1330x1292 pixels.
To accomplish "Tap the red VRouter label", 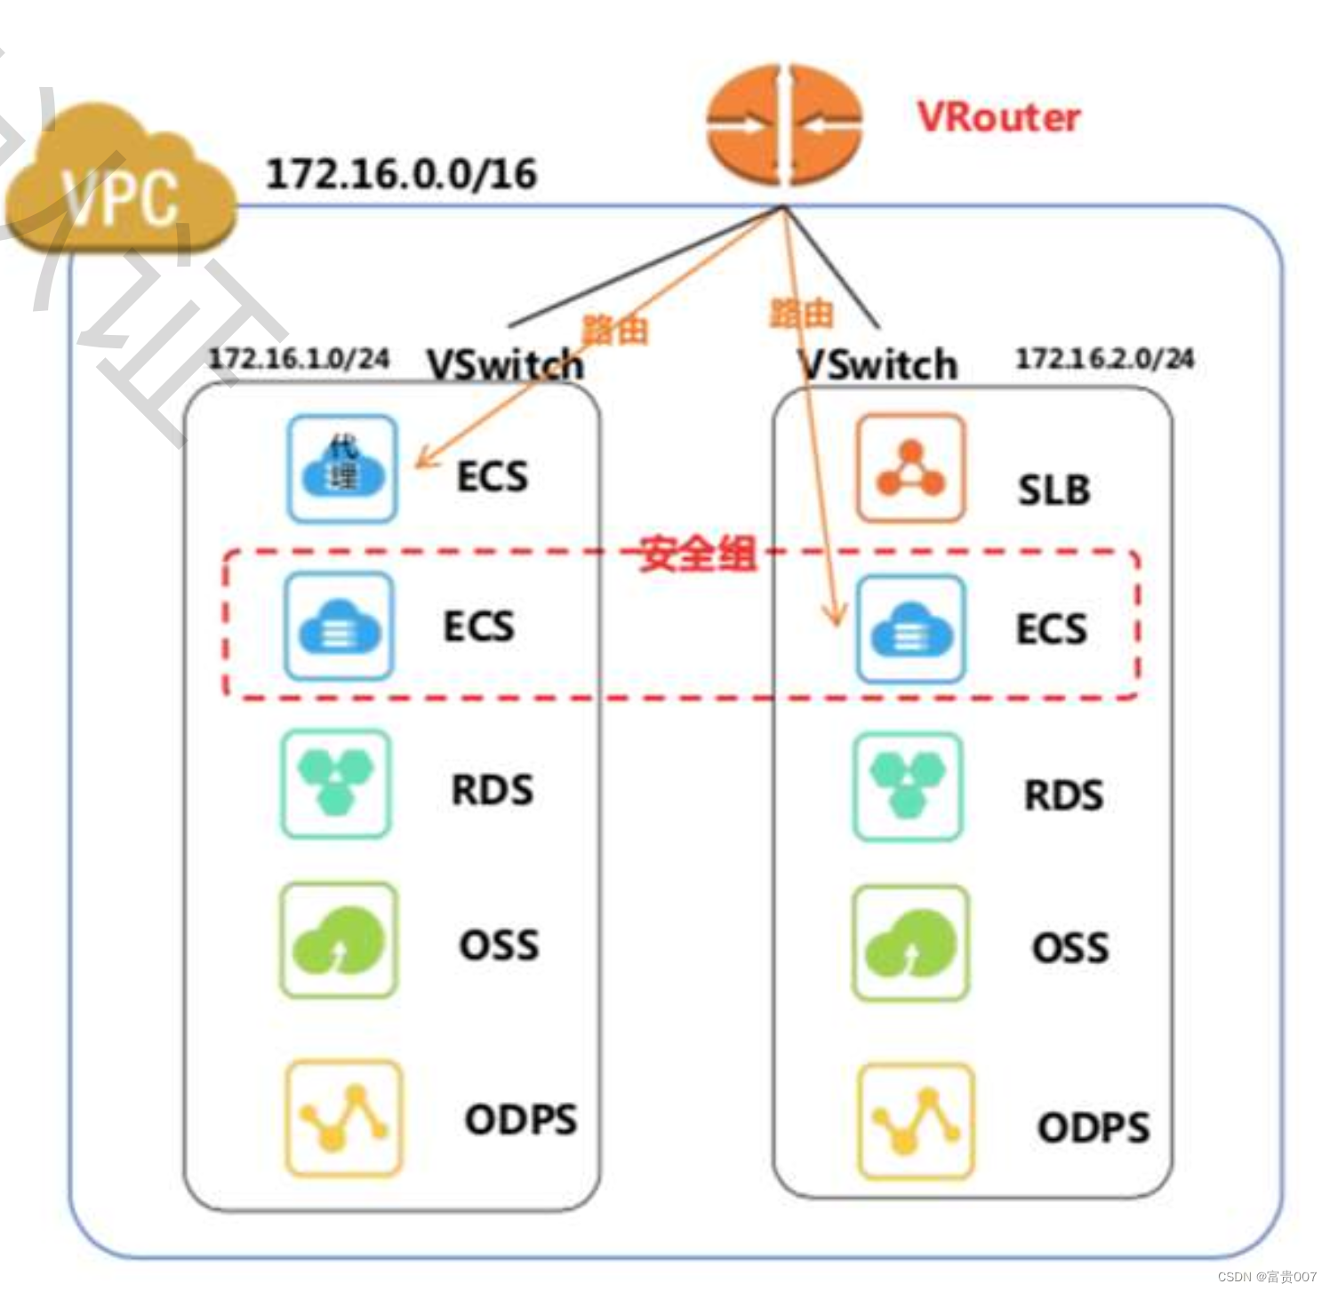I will point(998,117).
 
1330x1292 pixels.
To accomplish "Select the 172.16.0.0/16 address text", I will point(401,173).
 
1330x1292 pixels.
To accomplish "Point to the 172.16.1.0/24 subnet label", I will point(299,358).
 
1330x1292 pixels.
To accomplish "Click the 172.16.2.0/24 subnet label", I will point(1104,358).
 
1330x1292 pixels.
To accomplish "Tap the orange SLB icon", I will point(909,467).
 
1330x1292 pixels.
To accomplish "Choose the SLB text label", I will point(1054,490).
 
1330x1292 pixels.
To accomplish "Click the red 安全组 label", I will point(698,554).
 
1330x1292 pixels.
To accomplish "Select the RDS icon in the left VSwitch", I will point(335,784).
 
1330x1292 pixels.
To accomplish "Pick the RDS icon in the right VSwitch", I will point(908,786).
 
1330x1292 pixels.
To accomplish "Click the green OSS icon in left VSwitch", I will point(338,940).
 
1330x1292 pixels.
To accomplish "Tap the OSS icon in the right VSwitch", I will point(910,943).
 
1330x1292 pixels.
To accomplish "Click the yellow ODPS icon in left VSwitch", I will point(343,1118).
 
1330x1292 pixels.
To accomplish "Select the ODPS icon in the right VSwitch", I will point(916,1121).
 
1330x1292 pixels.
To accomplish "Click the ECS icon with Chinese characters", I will point(342,468).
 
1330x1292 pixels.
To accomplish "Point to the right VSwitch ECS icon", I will point(910,629).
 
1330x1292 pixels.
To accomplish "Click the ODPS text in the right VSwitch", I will point(1093,1127).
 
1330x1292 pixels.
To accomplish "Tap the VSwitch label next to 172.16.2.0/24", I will point(877,364).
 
